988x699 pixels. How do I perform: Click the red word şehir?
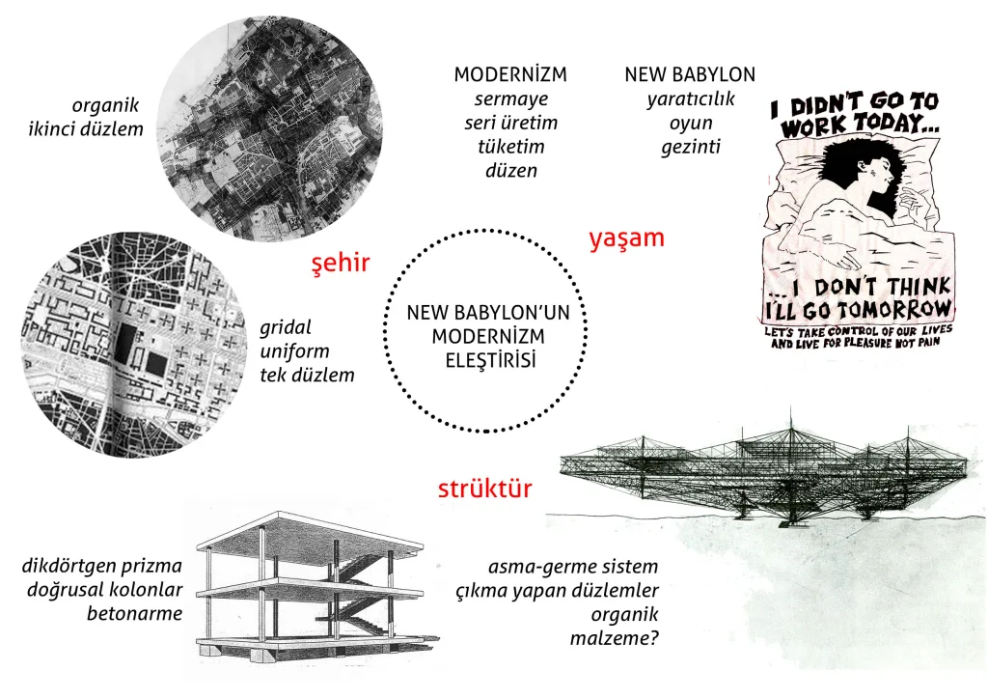(x=340, y=264)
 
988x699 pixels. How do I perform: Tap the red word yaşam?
(x=626, y=238)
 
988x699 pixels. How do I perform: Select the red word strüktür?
(x=484, y=489)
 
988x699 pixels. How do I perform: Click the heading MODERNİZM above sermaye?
(x=510, y=75)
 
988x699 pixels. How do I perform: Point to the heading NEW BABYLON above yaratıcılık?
(x=690, y=75)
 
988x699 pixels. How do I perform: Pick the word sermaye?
(x=510, y=99)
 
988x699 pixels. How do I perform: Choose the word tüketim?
(x=510, y=147)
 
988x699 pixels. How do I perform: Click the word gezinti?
(x=690, y=147)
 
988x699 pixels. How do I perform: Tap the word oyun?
(x=690, y=123)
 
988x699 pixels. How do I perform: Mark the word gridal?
(x=286, y=326)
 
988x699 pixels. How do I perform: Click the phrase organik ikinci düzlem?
(x=93, y=117)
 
